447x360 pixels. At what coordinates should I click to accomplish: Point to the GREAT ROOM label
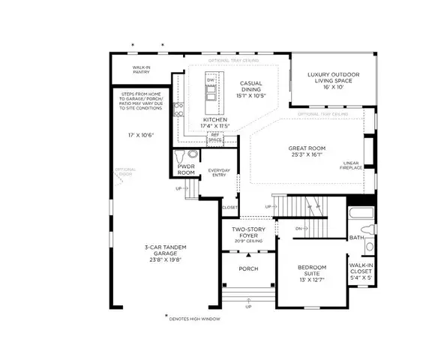[306, 153]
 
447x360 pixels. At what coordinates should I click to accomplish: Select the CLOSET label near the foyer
[230, 208]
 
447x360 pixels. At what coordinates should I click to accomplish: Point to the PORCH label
[248, 268]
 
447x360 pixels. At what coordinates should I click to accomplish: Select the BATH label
[357, 238]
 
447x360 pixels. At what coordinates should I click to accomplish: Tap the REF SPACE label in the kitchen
[215, 138]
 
